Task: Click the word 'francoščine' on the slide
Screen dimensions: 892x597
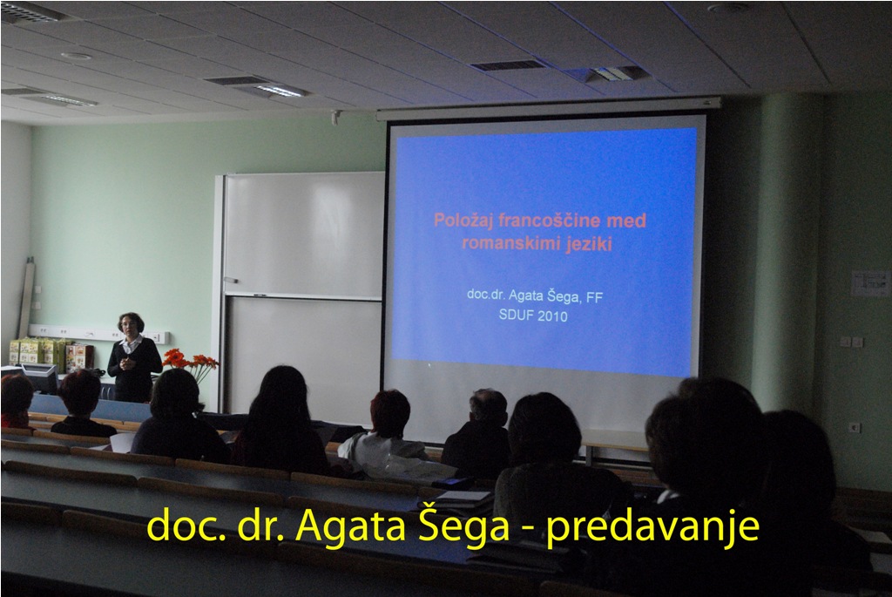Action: [546, 220]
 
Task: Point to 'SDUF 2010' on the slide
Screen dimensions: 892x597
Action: [533, 315]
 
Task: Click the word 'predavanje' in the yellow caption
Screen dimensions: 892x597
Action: [653, 526]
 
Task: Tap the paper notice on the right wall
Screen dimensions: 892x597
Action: [870, 283]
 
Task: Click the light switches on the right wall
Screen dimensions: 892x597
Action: [851, 342]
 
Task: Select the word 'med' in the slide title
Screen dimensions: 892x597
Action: [626, 220]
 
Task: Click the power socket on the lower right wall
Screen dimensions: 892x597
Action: [854, 427]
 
